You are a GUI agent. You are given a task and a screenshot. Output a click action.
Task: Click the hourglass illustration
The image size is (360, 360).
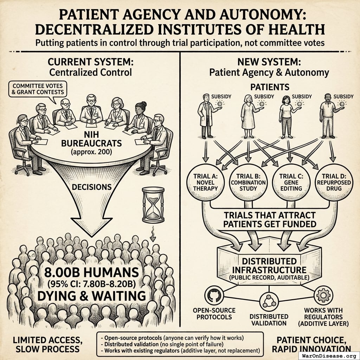click(x=153, y=205)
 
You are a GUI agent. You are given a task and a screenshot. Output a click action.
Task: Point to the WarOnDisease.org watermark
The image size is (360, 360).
click(x=329, y=355)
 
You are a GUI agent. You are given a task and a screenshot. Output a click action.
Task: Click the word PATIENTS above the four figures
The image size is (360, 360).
click(x=270, y=87)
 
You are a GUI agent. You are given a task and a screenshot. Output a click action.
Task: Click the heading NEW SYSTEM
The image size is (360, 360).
click(x=269, y=62)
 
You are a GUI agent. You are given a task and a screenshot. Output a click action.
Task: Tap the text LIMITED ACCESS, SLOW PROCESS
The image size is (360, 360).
click(x=46, y=345)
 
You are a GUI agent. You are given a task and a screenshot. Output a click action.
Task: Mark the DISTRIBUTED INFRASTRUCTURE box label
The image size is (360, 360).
click(x=269, y=266)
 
